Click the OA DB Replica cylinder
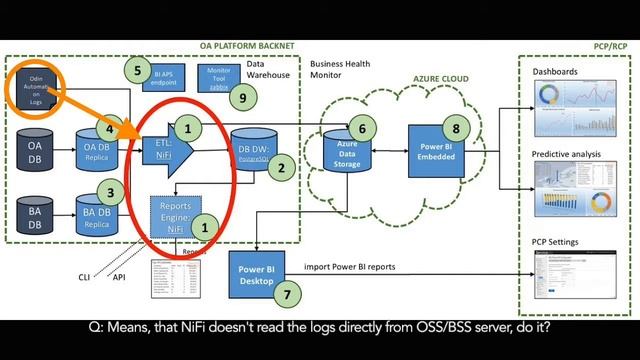pos(95,154)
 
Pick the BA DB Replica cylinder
pos(97,216)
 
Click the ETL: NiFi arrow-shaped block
pos(165,149)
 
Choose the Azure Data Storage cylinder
pos(346,155)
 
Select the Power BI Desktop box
pos(257,273)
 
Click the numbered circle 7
pos(287,296)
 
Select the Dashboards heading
pos(556,73)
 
